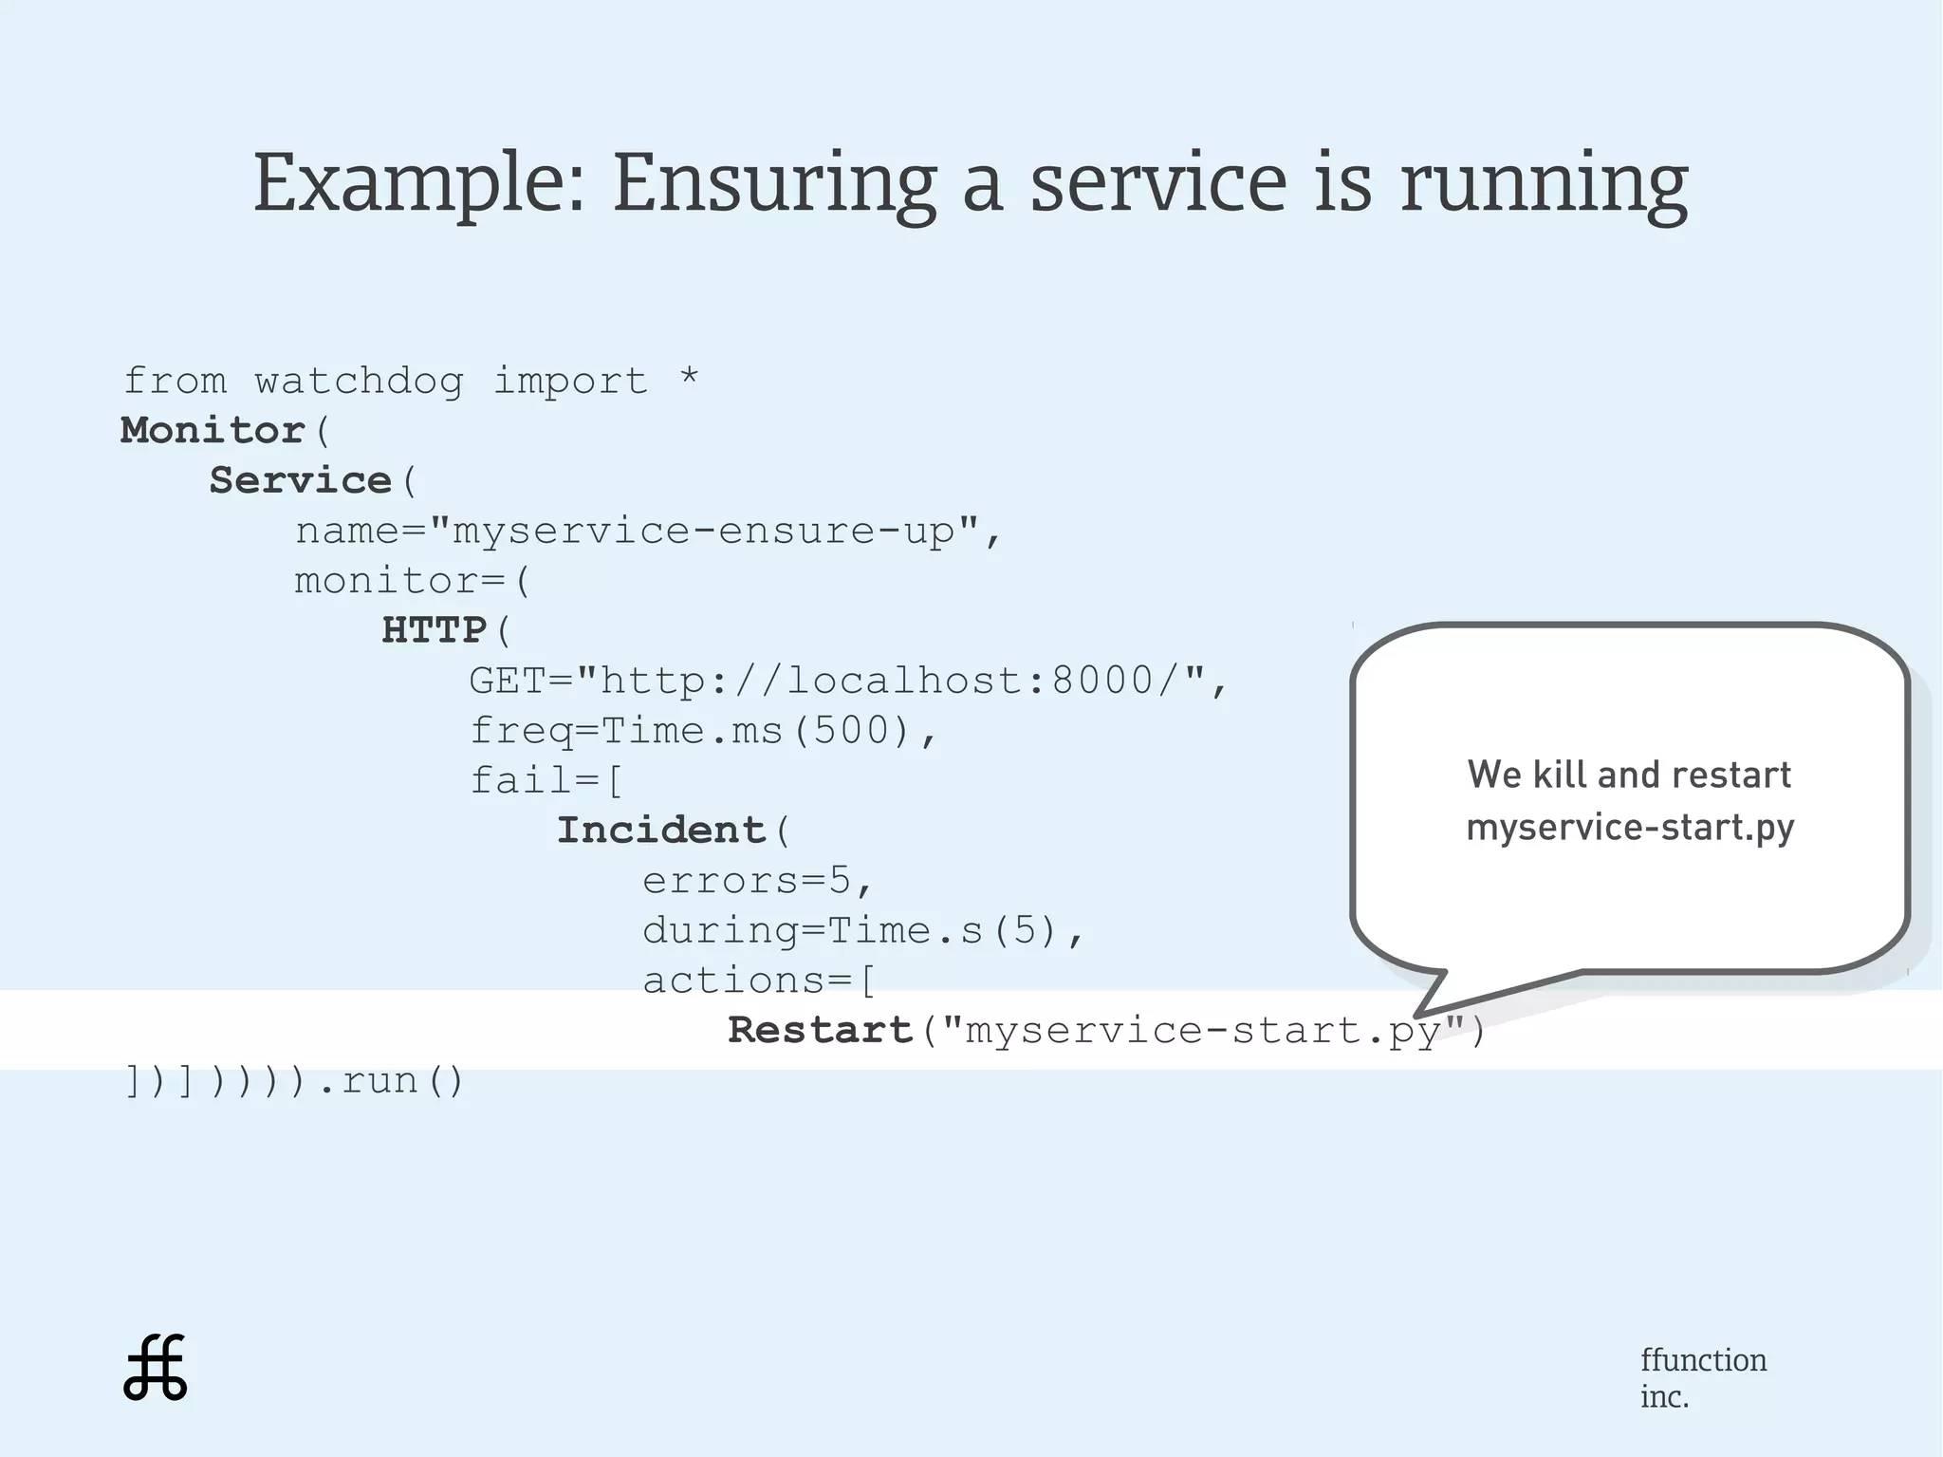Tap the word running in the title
click(x=1544, y=182)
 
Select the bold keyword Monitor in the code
click(x=213, y=430)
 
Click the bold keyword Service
click(x=301, y=480)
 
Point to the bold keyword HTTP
click(x=435, y=630)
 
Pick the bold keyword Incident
click(x=660, y=831)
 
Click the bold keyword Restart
click(x=820, y=1031)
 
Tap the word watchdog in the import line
click(x=359, y=382)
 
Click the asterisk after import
click(x=690, y=378)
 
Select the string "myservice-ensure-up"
click(x=704, y=530)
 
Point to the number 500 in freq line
click(x=851, y=731)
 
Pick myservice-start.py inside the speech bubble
click(x=1630, y=827)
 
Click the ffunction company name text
click(x=1703, y=1360)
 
